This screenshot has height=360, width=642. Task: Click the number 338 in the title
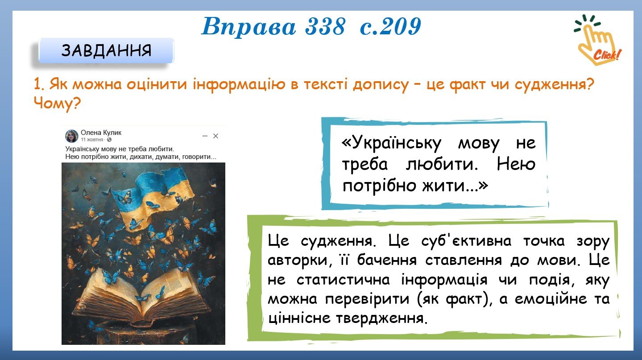325,26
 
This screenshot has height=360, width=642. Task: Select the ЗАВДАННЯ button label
106,51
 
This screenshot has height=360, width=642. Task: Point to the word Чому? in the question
57,103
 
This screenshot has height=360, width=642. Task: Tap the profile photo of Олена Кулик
72,136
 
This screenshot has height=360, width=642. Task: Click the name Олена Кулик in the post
101,132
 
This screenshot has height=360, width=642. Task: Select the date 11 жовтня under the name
92,140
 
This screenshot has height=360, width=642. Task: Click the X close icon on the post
216,136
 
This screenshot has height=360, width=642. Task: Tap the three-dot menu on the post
205,136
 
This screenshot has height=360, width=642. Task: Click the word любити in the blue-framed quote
442,165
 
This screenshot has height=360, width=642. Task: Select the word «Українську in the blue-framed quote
391,143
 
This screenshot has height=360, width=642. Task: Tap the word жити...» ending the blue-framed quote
455,186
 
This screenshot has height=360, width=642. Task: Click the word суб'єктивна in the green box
466,241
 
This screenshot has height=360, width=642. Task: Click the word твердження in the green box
382,319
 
